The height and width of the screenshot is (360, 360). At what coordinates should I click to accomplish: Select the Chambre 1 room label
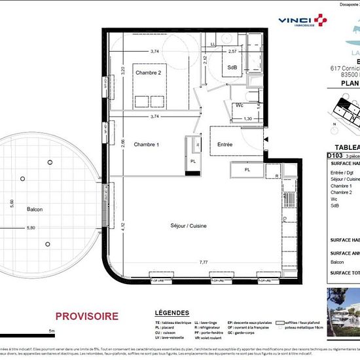147,144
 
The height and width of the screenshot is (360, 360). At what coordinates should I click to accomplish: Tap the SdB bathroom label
232,67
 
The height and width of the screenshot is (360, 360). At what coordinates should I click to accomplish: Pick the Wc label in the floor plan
240,105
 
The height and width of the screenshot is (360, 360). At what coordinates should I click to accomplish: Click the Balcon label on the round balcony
35,209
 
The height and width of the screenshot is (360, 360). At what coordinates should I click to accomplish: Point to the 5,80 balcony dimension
31,228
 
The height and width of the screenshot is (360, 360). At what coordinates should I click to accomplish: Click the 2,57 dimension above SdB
232,50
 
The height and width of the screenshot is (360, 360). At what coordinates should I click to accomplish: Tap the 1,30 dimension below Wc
247,118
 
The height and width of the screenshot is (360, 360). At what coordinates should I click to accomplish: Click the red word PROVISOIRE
87,316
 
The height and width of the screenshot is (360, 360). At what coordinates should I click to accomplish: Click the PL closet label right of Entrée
247,170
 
